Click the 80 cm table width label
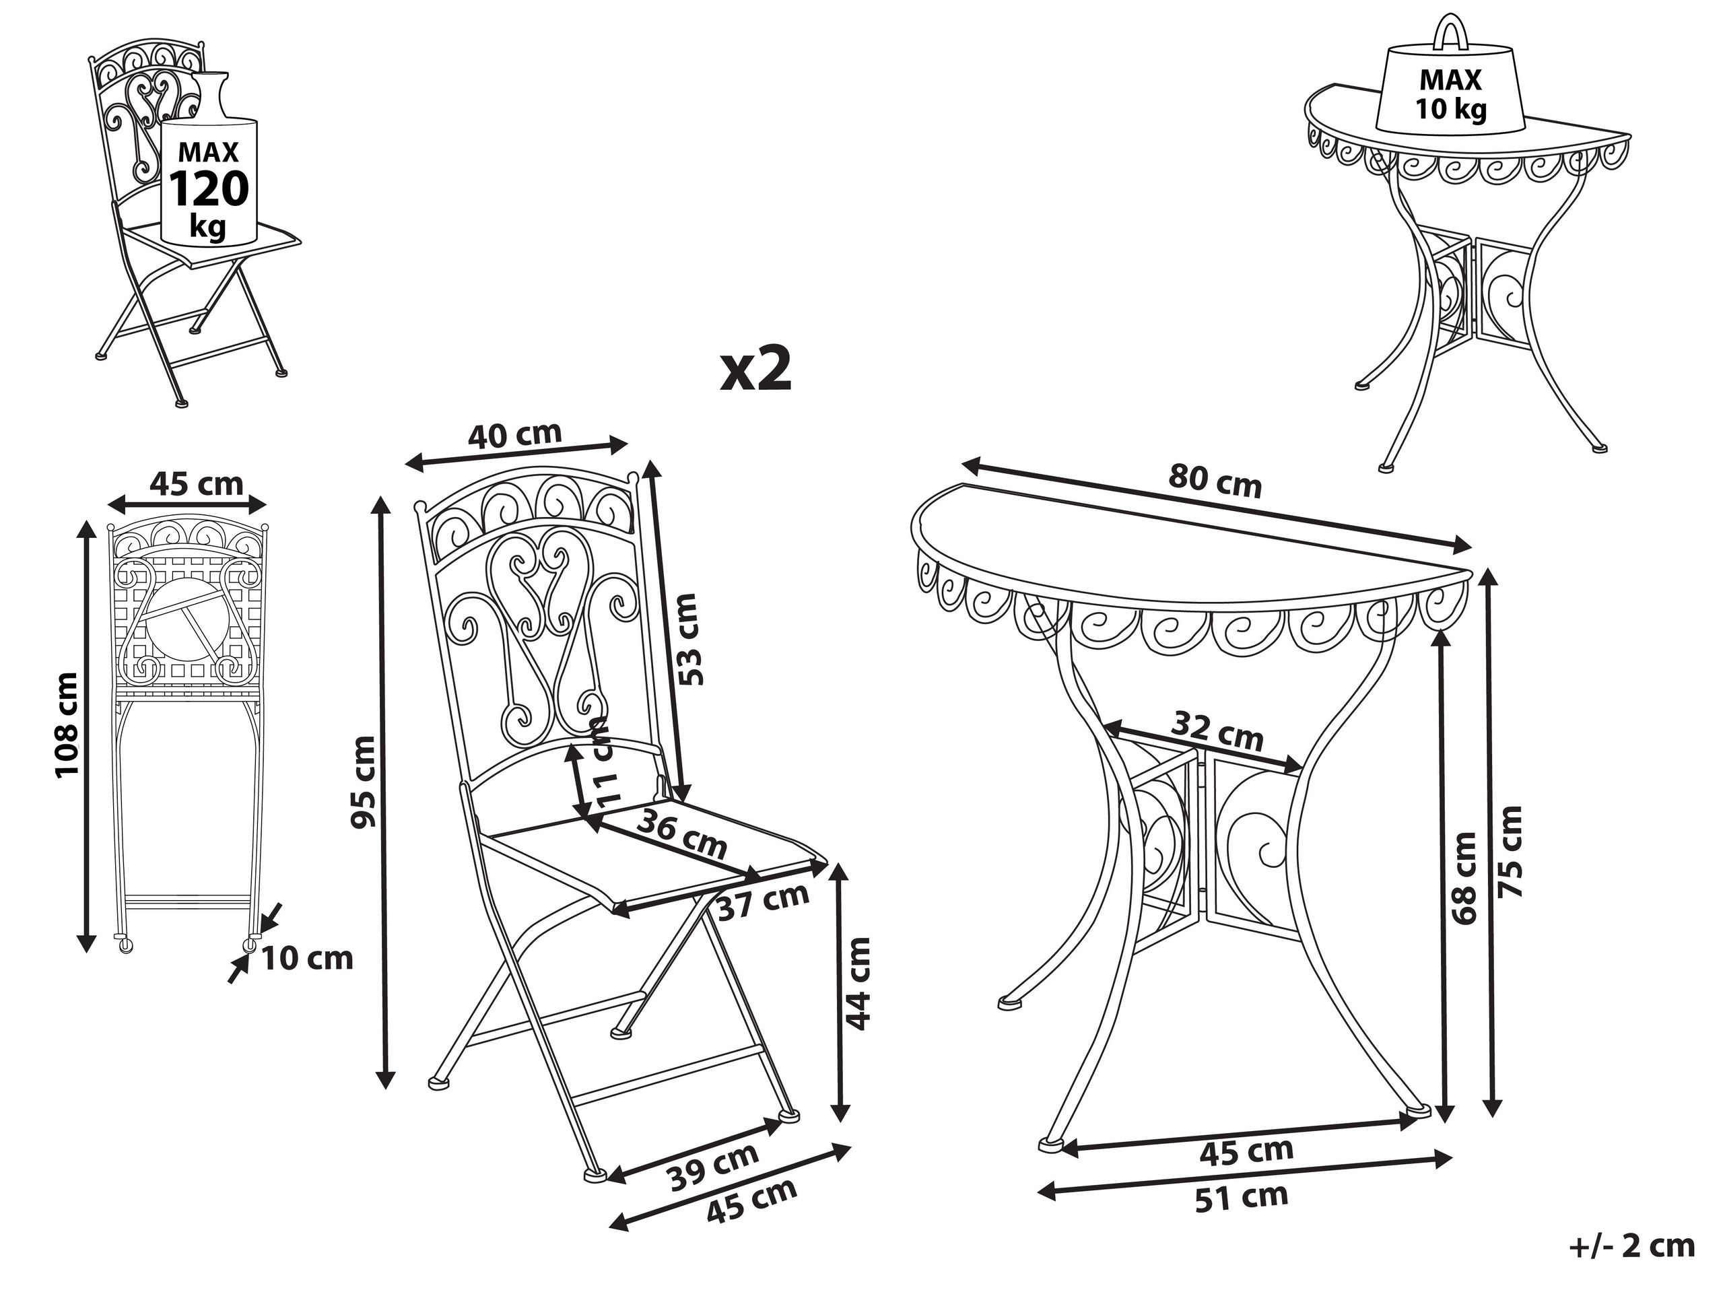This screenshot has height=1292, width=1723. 1215,481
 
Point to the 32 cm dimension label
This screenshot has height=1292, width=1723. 1217,732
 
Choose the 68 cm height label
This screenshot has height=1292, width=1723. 1464,878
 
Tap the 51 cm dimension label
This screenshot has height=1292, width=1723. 1242,1197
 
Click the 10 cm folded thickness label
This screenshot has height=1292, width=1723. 306,958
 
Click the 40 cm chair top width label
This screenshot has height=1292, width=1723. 514,434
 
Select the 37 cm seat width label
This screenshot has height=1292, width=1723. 762,899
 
